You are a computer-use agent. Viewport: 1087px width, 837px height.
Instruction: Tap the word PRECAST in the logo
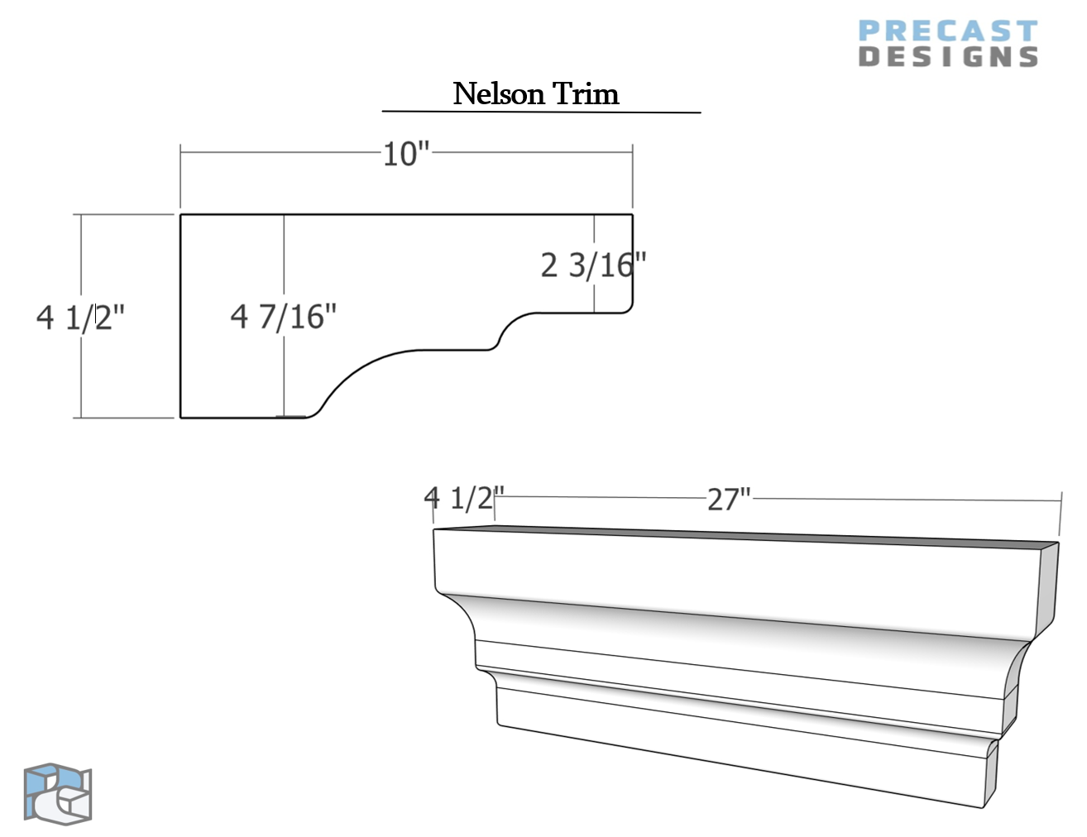947,31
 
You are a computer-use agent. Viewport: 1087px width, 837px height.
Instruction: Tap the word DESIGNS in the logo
948,57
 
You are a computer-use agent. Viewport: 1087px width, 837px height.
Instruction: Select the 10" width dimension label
406,154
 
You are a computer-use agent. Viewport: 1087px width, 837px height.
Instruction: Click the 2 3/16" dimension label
593,265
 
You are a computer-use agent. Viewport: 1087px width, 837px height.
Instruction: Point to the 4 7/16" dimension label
284,316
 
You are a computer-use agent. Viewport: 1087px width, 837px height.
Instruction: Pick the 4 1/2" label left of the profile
80,317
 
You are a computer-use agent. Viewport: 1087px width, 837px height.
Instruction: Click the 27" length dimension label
729,500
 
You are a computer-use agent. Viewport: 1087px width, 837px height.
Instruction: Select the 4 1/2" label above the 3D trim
463,498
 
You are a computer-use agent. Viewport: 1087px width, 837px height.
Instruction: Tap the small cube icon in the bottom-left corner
57,794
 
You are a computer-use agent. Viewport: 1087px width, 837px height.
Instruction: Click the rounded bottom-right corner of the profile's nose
629,308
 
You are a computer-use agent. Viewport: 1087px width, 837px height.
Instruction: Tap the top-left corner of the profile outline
181,215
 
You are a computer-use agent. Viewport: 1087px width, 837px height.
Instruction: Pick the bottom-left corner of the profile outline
181,418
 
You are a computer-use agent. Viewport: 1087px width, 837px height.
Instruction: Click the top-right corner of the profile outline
633,215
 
